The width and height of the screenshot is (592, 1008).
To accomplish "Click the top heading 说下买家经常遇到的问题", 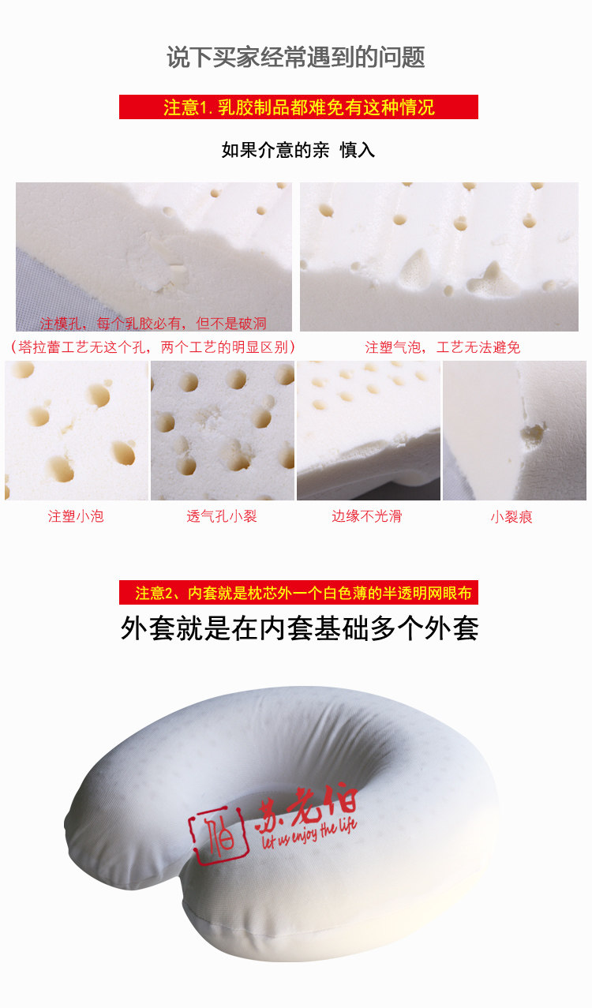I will (x=296, y=57).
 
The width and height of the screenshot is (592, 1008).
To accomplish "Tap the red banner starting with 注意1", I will (x=298, y=107).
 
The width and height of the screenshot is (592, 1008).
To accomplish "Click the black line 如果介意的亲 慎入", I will (x=298, y=150).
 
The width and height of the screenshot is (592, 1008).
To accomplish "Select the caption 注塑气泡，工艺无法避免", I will (x=442, y=347).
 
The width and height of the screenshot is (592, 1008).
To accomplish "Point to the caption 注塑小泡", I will (x=76, y=516).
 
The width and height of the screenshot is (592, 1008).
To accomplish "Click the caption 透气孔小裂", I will (x=222, y=516).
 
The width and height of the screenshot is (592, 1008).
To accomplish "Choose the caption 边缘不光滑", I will (x=367, y=516).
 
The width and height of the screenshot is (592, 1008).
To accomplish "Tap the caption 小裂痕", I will (x=511, y=516).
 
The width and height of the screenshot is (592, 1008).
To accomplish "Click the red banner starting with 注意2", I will (x=298, y=593).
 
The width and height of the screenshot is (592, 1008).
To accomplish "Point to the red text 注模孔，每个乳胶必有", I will (x=153, y=324).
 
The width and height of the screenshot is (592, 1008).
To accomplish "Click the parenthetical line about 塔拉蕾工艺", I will (x=153, y=347).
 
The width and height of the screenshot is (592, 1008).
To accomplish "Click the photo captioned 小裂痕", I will (x=515, y=430).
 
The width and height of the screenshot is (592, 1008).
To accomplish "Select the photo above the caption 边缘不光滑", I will (x=369, y=430).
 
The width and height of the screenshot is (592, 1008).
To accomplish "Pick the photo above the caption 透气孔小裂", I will (x=223, y=430).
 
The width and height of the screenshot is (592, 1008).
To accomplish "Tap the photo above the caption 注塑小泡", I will (x=77, y=430).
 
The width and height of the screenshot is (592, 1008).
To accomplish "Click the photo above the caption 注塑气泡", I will (x=439, y=257).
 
